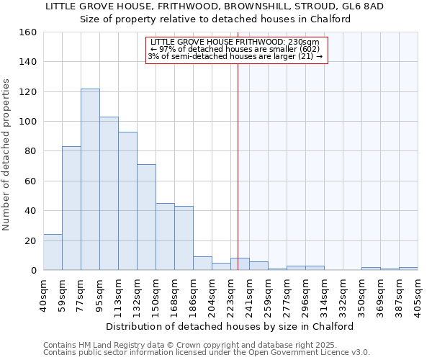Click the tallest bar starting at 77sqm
(x=90, y=179)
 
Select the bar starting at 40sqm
(x=53, y=252)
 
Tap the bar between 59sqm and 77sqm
(x=71, y=208)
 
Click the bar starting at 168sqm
(x=184, y=238)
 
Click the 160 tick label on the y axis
(x=27, y=32)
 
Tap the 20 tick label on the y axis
(x=30, y=240)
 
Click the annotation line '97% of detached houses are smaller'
(x=237, y=49)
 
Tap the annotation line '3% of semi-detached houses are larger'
(x=235, y=56)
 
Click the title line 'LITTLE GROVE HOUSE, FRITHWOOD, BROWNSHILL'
(x=215, y=6)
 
